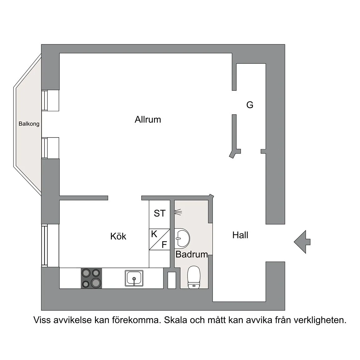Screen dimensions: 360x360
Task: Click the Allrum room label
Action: tap(148, 120)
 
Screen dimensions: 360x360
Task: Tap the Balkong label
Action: tap(29, 124)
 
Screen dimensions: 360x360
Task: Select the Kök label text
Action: tap(118, 236)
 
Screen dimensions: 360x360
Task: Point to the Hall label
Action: tap(240, 235)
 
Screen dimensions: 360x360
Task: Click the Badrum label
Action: tap(192, 254)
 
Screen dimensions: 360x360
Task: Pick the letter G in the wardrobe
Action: tap(250, 105)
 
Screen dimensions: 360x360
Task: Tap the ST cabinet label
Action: tap(159, 213)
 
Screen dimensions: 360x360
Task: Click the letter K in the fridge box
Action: tap(154, 234)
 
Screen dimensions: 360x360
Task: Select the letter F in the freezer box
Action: tap(164, 245)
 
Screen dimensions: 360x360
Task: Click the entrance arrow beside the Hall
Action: tap(302, 241)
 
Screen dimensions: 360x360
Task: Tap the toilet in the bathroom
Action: tap(193, 277)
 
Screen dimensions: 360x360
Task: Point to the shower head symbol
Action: tap(178, 212)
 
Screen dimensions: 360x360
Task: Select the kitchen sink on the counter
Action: tap(134, 278)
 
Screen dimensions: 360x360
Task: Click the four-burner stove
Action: tap(91, 278)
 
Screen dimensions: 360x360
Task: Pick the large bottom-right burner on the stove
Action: tap(96, 283)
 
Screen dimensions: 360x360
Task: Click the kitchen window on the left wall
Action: tap(45, 246)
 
